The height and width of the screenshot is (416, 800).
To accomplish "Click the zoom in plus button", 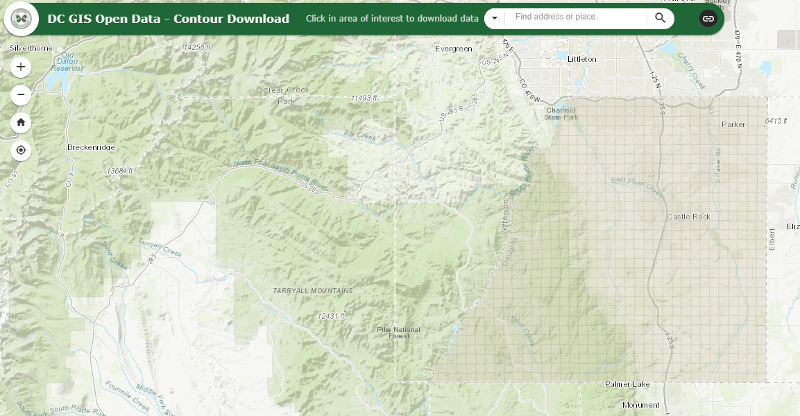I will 21,67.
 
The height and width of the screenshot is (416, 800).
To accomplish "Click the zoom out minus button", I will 21,94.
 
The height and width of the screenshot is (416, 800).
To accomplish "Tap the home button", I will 21,122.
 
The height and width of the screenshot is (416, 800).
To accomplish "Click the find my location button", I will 21,150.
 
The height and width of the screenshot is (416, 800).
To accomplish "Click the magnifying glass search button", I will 660,18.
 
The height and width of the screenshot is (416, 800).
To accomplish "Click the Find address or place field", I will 576,17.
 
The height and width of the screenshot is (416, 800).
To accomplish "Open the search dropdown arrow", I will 495,18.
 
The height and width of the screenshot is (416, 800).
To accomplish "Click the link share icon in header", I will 708,19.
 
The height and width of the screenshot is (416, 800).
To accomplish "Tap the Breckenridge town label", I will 91,147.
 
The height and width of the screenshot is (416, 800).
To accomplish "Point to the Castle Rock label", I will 688,217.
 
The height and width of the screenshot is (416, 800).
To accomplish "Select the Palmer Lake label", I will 627,384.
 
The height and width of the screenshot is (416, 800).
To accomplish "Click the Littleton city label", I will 581,59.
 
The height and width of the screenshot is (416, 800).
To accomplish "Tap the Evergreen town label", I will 453,49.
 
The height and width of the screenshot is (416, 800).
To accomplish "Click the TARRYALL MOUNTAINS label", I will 312,290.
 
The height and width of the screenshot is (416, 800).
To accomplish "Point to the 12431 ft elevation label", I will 331,316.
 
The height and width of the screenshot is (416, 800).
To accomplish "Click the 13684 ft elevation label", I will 119,171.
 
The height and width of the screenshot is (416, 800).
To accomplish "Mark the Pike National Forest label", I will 398,332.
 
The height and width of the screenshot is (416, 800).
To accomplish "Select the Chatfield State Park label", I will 561,113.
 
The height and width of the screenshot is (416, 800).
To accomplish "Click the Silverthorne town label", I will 31,48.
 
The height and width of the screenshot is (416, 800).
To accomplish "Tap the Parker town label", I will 733,124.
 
